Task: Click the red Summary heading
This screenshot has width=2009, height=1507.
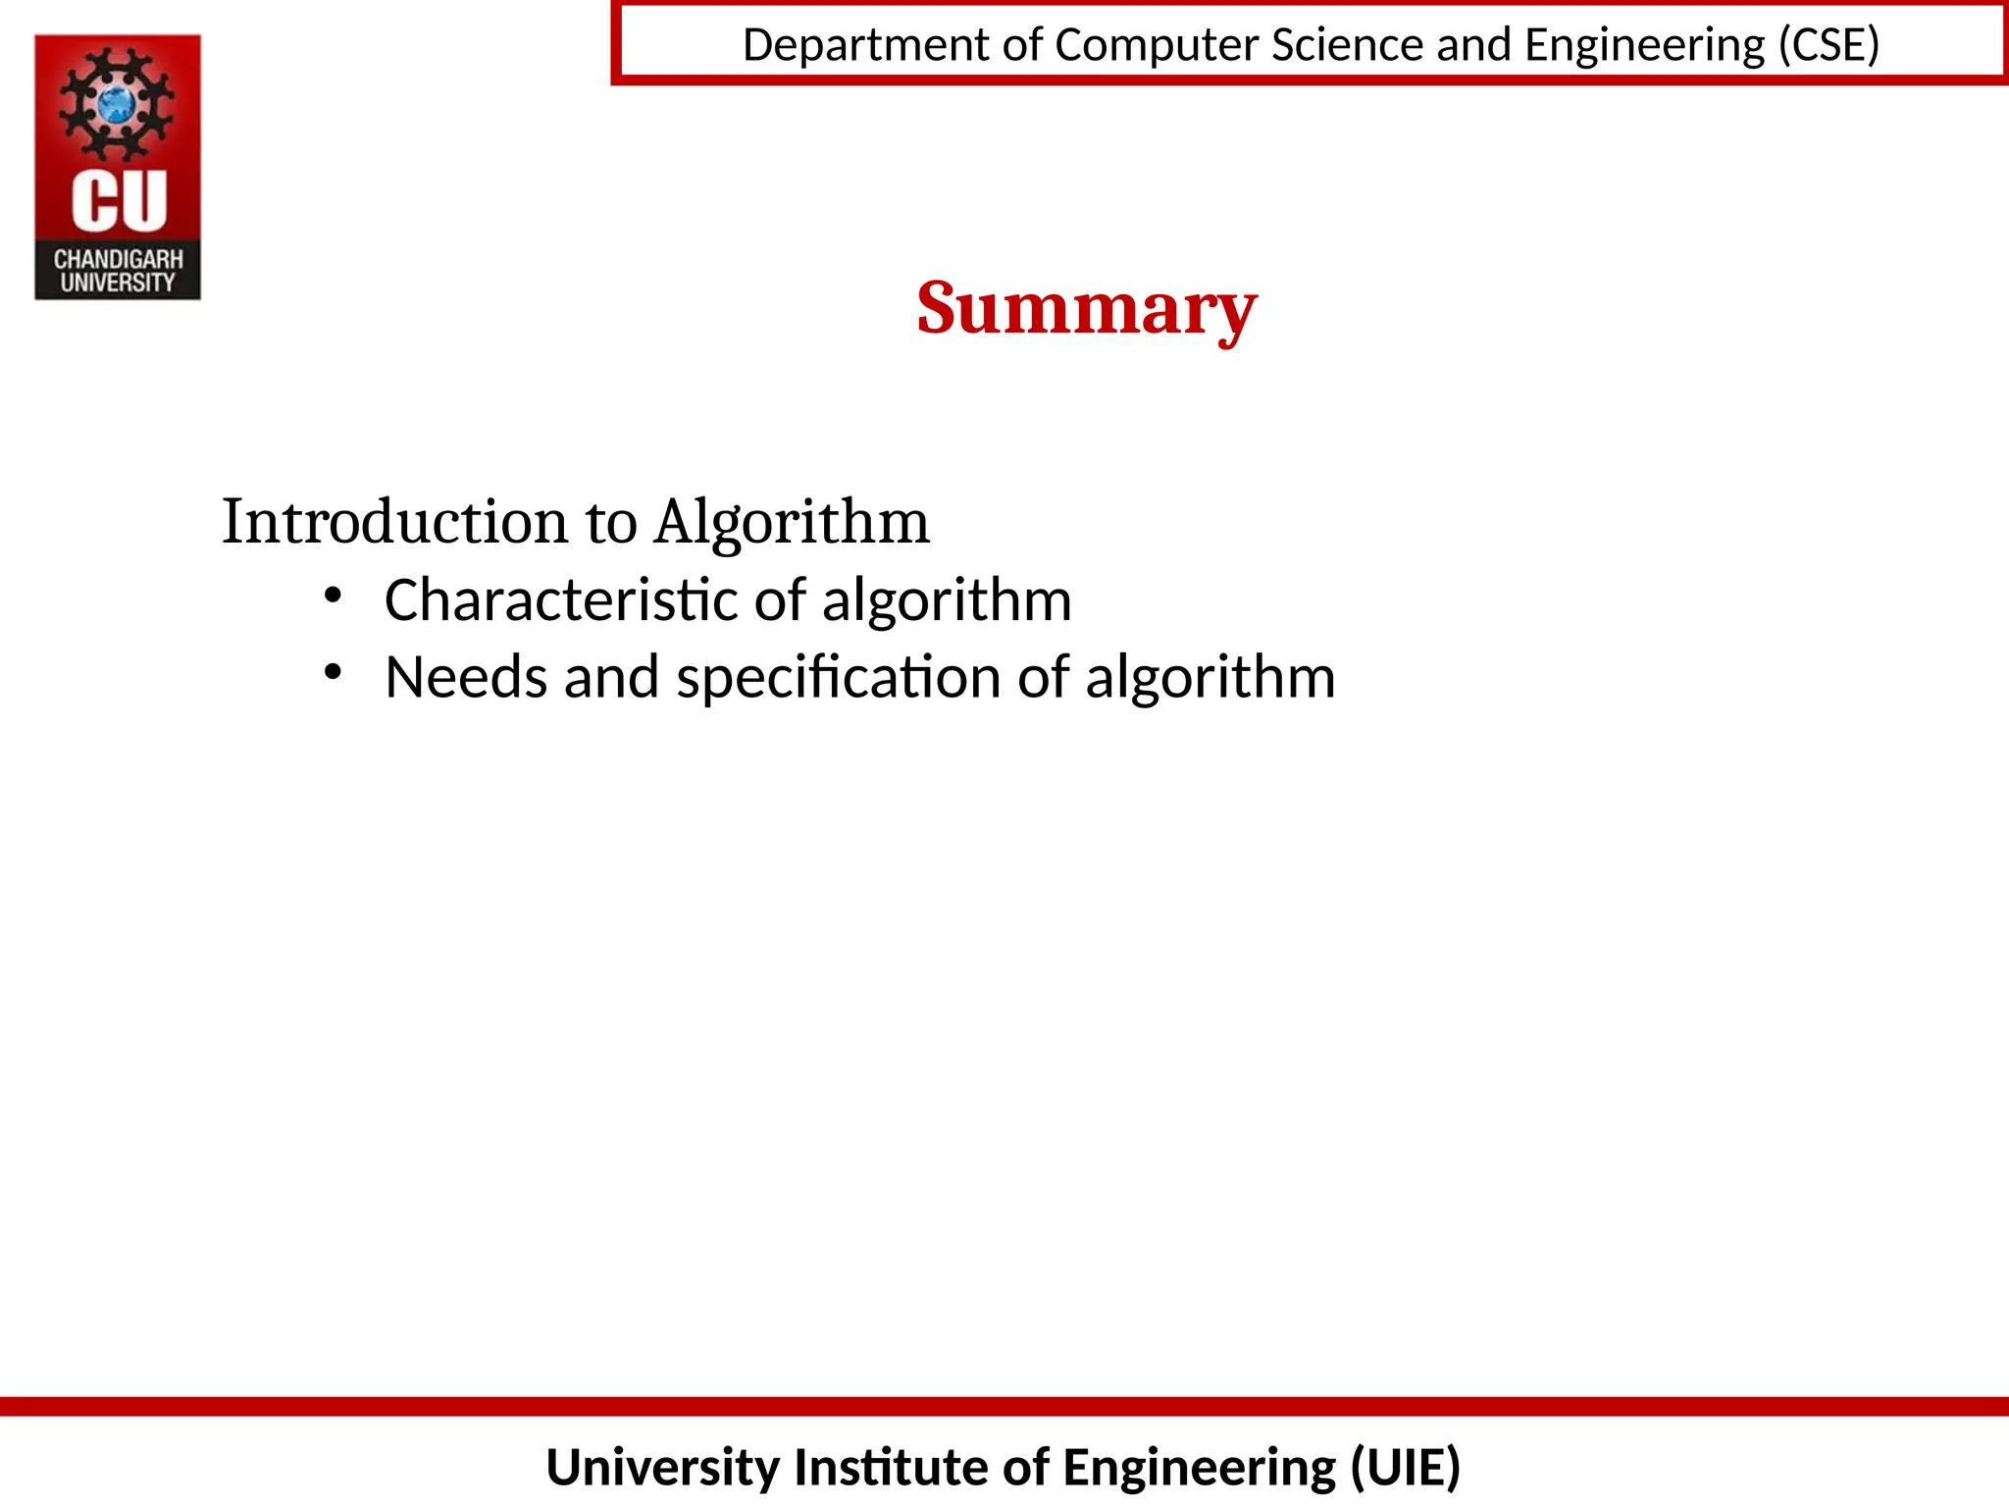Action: click(x=1086, y=308)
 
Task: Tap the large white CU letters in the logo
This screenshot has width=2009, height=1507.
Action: click(x=119, y=201)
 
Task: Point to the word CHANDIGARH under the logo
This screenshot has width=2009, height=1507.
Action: click(x=118, y=259)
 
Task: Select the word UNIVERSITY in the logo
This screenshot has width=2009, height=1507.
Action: click(x=118, y=283)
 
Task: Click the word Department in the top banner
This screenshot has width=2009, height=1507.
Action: click(x=866, y=45)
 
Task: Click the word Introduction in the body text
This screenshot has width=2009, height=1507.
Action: click(x=394, y=521)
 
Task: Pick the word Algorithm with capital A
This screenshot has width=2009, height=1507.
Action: click(x=792, y=521)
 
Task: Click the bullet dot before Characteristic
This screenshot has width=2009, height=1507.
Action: click(x=333, y=595)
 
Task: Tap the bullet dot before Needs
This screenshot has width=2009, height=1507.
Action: click(x=333, y=672)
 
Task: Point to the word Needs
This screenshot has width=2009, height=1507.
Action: click(x=466, y=677)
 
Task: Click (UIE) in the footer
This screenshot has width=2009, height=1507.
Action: click(x=1406, y=1468)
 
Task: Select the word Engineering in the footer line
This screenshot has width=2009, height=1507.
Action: click(x=1199, y=1468)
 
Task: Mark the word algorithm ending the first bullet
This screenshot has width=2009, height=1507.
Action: click(x=947, y=599)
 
